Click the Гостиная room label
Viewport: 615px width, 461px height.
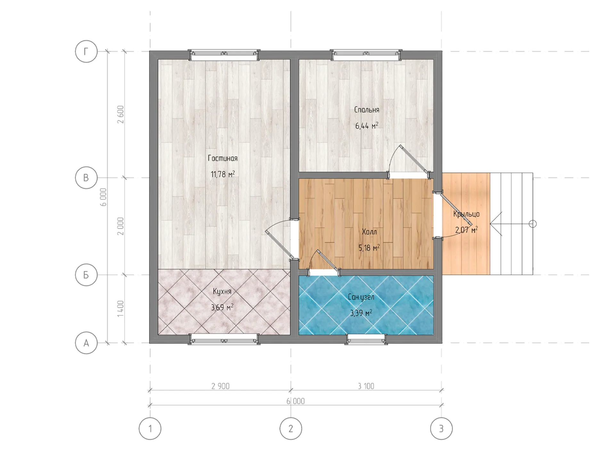pos(223,158)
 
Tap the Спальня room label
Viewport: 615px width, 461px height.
pos(367,109)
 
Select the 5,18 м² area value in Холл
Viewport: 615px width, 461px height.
pos(369,247)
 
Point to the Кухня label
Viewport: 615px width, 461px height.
pos(222,291)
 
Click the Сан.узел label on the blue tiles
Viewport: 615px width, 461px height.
pos(361,297)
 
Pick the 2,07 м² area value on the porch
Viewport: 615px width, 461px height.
pos(466,230)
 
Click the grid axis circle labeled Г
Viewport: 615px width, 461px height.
pos(86,51)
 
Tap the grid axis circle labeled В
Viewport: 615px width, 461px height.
pos(86,178)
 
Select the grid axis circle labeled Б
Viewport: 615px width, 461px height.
pos(86,275)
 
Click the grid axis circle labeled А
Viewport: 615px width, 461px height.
pos(86,343)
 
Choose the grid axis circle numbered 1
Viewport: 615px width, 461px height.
pos(150,428)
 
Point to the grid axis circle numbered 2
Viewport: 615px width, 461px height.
pos(291,428)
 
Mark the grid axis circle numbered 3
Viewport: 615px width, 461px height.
pos(441,428)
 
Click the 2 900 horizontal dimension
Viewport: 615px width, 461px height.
pos(220,386)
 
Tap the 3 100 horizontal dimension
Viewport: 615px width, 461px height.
pos(366,386)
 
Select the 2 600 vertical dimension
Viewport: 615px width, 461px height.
pos(120,115)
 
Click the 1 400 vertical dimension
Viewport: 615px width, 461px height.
pos(120,309)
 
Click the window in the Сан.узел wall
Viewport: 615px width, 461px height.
pos(366,339)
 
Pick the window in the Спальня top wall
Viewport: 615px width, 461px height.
pos(366,55)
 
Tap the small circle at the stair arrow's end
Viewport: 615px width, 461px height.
pos(532,224)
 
